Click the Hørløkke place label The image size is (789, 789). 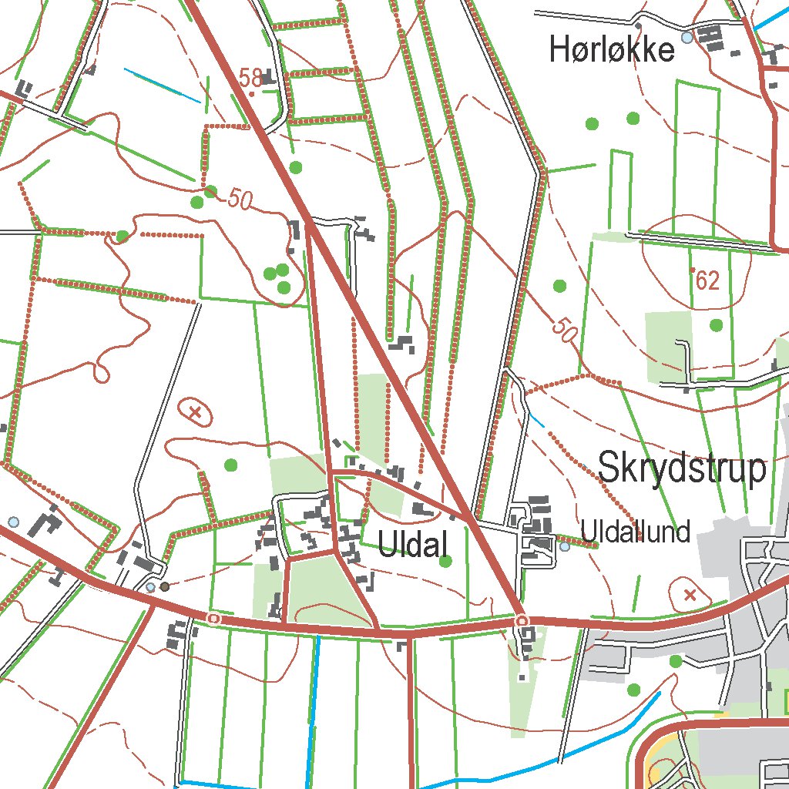612,51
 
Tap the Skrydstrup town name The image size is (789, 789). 683,468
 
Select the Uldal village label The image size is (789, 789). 413,546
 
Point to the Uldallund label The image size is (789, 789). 636,532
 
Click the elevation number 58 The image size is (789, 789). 250,79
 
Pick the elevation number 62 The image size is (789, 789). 707,281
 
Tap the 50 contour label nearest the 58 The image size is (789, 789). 240,200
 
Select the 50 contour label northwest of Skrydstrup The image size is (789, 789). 564,331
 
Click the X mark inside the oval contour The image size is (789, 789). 196,412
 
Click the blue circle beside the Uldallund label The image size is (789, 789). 565,546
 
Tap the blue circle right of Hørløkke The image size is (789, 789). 687,37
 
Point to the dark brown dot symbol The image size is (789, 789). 164,586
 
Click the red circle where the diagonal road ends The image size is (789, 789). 522,619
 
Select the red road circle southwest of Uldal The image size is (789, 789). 213,618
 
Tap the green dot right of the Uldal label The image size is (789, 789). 445,562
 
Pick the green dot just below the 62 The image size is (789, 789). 717,325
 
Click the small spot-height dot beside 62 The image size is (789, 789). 693,269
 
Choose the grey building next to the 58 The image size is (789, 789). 268,77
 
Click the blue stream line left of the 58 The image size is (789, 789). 162,86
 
